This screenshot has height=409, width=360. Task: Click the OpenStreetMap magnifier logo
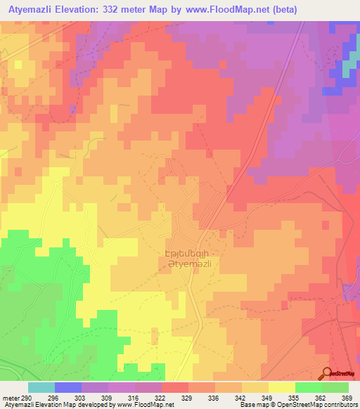tap(328, 375)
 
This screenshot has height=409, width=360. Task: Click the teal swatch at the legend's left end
tap(41, 387)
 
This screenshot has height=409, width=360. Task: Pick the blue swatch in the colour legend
tap(67, 387)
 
